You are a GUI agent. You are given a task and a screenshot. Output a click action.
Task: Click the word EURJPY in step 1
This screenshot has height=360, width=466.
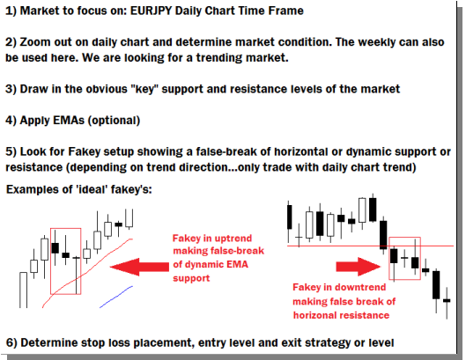(152, 11)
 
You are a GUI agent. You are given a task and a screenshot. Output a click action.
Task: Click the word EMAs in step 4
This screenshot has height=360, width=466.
(69, 121)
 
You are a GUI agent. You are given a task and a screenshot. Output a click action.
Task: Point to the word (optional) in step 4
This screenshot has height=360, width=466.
(114, 121)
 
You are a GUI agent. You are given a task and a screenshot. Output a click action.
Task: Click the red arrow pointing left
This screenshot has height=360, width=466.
(139, 267)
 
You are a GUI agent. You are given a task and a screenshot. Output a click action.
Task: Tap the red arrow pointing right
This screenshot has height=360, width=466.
(359, 267)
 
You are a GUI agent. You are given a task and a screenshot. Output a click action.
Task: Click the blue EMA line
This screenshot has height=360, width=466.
(116, 297)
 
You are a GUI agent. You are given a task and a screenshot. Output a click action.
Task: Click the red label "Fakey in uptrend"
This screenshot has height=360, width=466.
(212, 239)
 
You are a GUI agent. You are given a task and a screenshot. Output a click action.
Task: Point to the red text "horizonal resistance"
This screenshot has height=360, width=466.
(341, 315)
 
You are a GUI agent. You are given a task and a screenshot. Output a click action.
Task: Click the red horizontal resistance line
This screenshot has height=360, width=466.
(370, 246)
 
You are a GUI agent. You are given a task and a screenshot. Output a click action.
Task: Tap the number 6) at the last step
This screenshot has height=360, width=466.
(11, 342)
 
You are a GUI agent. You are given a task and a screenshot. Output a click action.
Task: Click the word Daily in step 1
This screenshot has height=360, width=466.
(189, 11)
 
